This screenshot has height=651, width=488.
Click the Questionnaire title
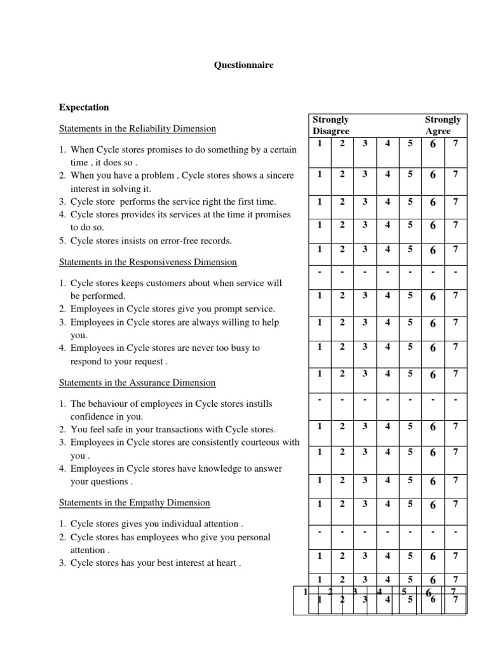tap(243, 65)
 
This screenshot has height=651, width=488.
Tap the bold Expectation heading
tap(84, 107)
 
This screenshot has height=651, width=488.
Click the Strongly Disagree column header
tap(331, 125)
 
